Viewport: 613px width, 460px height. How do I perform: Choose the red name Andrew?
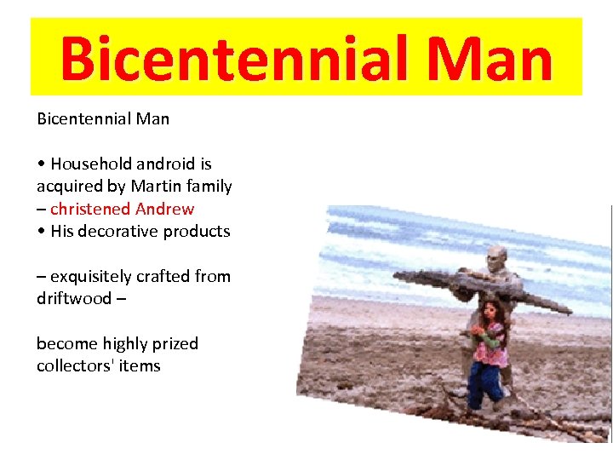click(164, 209)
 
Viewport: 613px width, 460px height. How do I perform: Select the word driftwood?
click(74, 298)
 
